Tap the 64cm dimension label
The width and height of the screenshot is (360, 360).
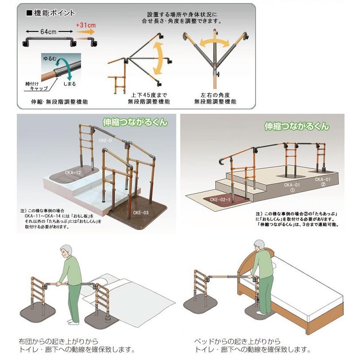click(x=48, y=32)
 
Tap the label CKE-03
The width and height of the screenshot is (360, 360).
click(x=140, y=213)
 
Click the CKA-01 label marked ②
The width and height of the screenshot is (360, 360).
click(x=322, y=182)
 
